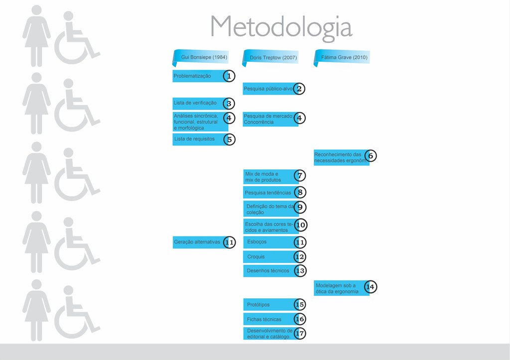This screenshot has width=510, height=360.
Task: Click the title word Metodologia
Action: (x=281, y=27)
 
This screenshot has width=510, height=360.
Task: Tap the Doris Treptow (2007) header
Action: (x=271, y=58)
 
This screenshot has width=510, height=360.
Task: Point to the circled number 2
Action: (x=299, y=89)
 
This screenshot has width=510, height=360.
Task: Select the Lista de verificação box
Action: (x=198, y=103)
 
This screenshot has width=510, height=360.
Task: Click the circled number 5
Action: (x=229, y=139)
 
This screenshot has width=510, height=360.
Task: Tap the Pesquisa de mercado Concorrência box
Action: (x=269, y=119)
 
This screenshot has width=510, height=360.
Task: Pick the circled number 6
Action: (x=370, y=156)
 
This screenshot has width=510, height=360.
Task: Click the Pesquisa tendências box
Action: (x=269, y=192)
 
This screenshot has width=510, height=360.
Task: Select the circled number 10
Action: (x=300, y=225)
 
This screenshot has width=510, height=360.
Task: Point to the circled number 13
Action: (x=300, y=271)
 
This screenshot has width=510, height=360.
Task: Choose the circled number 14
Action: (x=370, y=287)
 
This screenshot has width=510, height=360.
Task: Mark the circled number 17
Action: (x=300, y=334)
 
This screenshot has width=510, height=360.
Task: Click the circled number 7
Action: (x=300, y=176)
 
